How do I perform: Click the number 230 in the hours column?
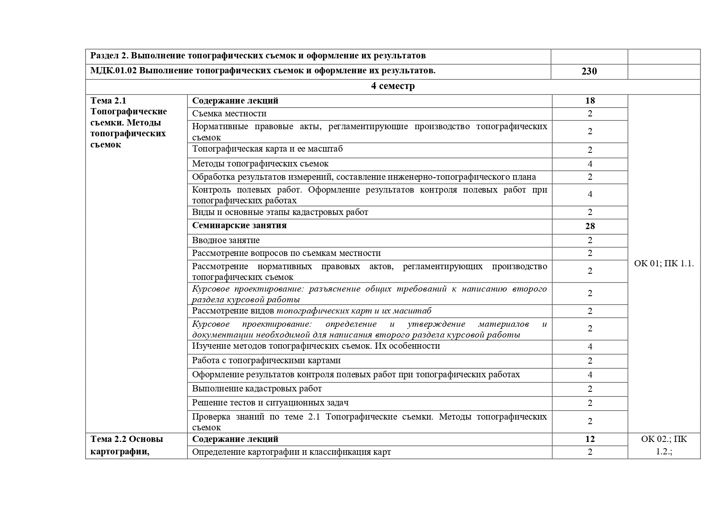click(589, 71)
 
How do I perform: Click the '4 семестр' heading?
click(393, 86)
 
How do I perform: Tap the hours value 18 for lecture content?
click(590, 101)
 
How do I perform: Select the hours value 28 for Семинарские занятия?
click(590, 226)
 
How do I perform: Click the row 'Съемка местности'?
click(229, 113)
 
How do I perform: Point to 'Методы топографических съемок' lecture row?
click(260, 164)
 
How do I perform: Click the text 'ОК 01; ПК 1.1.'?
click(664, 263)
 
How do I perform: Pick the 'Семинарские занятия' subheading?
click(239, 225)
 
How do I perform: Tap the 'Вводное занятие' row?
click(226, 240)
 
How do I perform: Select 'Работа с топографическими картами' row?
click(266, 360)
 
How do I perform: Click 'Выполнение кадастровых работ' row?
click(257, 389)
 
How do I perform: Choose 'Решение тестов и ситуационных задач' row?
click(270, 403)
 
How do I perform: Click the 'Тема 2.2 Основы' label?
click(126, 439)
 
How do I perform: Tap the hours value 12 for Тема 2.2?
click(590, 439)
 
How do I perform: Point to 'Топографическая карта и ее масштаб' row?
click(267, 149)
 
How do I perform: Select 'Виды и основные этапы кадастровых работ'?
click(280, 212)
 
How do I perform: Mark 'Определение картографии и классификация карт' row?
click(291, 452)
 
